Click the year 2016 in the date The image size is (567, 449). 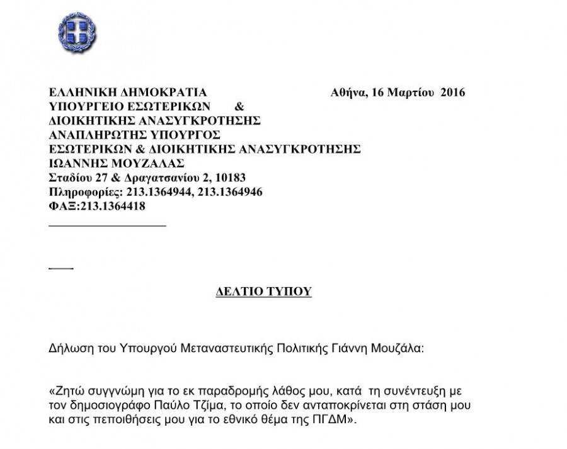[452, 93]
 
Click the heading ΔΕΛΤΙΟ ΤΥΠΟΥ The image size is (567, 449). [260, 292]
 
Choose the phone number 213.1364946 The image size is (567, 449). [230, 191]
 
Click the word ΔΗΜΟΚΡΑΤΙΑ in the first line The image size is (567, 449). [157, 93]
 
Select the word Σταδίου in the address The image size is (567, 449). [69, 177]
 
